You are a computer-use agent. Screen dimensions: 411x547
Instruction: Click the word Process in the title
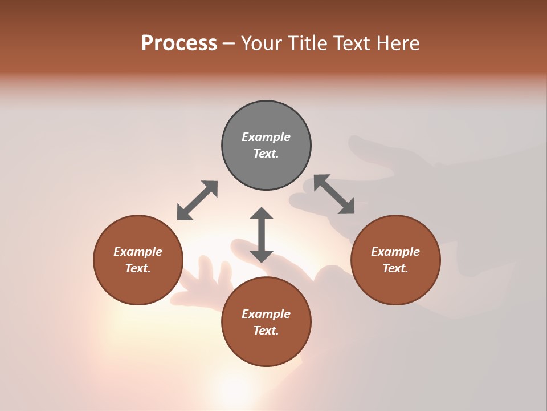pyautogui.click(x=179, y=43)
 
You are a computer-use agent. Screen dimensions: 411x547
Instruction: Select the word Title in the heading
pyautogui.click(x=308, y=43)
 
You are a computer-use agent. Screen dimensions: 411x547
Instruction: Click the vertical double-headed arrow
pyautogui.click(x=262, y=235)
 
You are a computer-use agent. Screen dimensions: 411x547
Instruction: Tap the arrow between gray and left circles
pyautogui.click(x=197, y=200)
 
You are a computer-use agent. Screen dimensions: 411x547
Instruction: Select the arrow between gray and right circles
pyautogui.click(x=334, y=194)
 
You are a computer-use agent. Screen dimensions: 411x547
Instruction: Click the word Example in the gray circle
pyautogui.click(x=266, y=137)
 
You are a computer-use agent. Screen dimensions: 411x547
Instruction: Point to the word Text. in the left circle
pyautogui.click(x=138, y=268)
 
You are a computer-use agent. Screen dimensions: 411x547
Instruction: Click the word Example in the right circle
pyautogui.click(x=395, y=252)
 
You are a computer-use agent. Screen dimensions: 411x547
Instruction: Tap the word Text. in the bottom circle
pyautogui.click(x=266, y=331)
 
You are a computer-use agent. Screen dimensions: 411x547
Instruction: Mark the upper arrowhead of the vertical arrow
pyautogui.click(x=262, y=213)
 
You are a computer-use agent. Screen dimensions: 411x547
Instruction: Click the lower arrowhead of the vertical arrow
pyautogui.click(x=262, y=256)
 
